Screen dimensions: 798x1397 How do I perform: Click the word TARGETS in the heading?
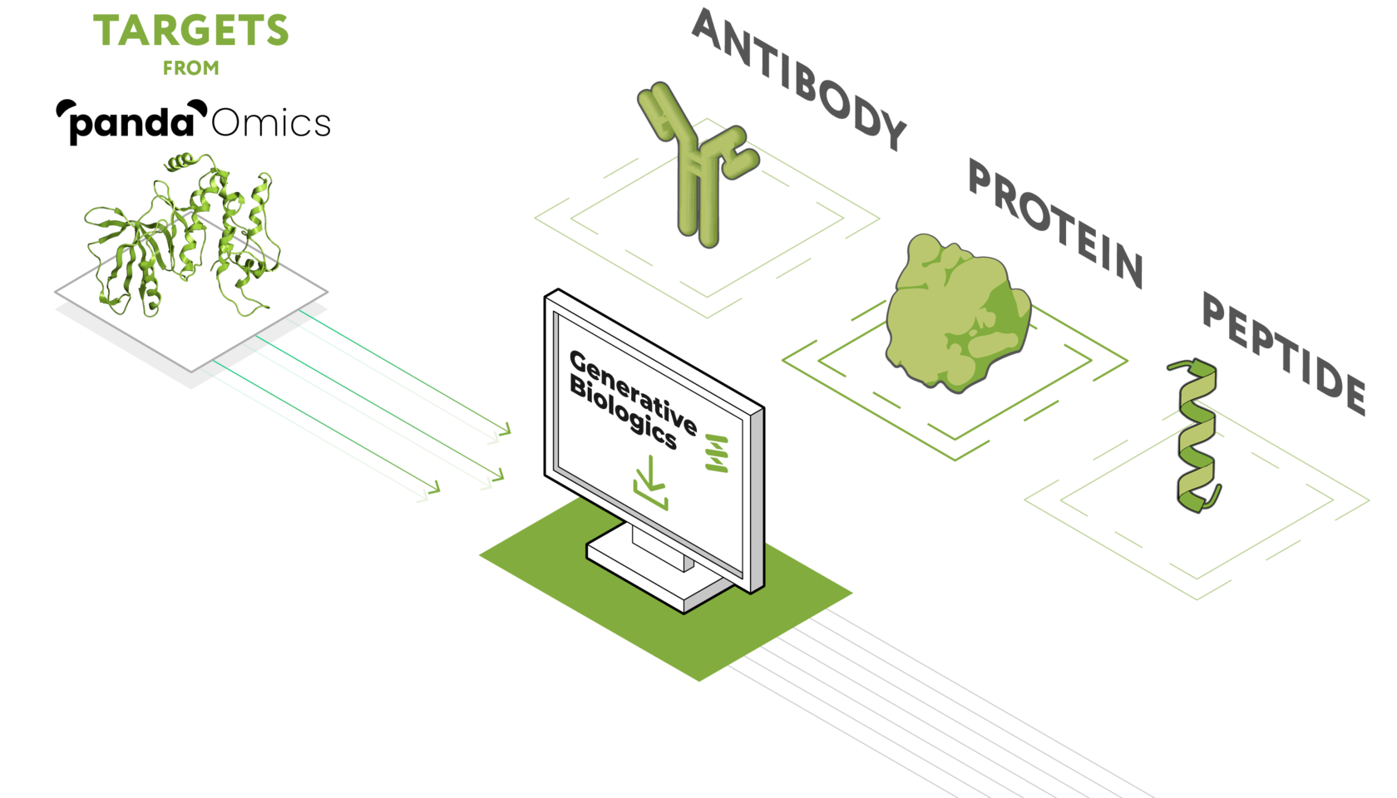[x=190, y=32]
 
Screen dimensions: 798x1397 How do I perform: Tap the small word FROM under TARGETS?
[x=190, y=69]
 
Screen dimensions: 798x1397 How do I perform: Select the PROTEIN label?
[x=1054, y=223]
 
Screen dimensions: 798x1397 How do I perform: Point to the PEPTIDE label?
[x=1283, y=352]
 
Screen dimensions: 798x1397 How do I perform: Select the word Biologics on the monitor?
[x=622, y=411]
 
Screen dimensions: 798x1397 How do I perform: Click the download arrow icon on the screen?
[x=650, y=487]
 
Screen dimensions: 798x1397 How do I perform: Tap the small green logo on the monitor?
[x=716, y=453]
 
